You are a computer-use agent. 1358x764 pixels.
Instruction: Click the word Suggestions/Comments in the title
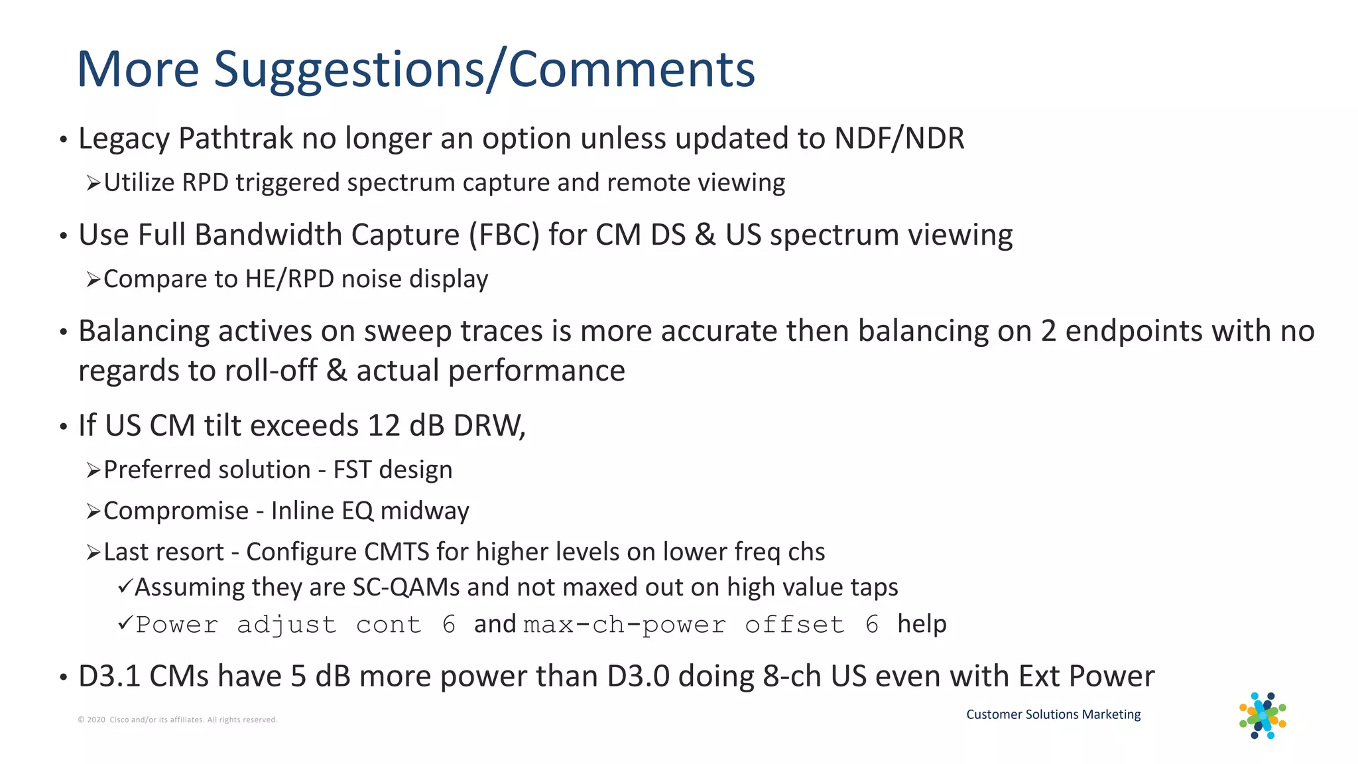tap(484, 69)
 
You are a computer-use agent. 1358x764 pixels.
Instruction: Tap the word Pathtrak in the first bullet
tap(235, 139)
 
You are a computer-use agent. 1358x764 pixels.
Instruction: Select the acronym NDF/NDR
tap(899, 139)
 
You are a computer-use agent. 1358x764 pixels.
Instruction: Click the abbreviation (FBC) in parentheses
tap(504, 235)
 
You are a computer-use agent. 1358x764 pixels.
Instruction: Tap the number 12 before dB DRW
tap(383, 426)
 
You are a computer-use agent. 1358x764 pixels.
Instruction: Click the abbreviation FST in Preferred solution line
tap(351, 470)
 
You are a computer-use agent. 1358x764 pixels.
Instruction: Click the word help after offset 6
tap(922, 624)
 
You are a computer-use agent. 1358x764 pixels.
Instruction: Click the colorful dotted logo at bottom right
tap(1263, 716)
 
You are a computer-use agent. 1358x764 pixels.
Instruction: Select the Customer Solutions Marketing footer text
tap(1053, 714)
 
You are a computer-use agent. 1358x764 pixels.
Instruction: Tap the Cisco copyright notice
tap(178, 720)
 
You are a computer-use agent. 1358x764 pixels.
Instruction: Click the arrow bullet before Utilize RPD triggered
tap(93, 183)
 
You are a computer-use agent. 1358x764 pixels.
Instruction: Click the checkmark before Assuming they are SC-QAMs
tap(125, 587)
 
